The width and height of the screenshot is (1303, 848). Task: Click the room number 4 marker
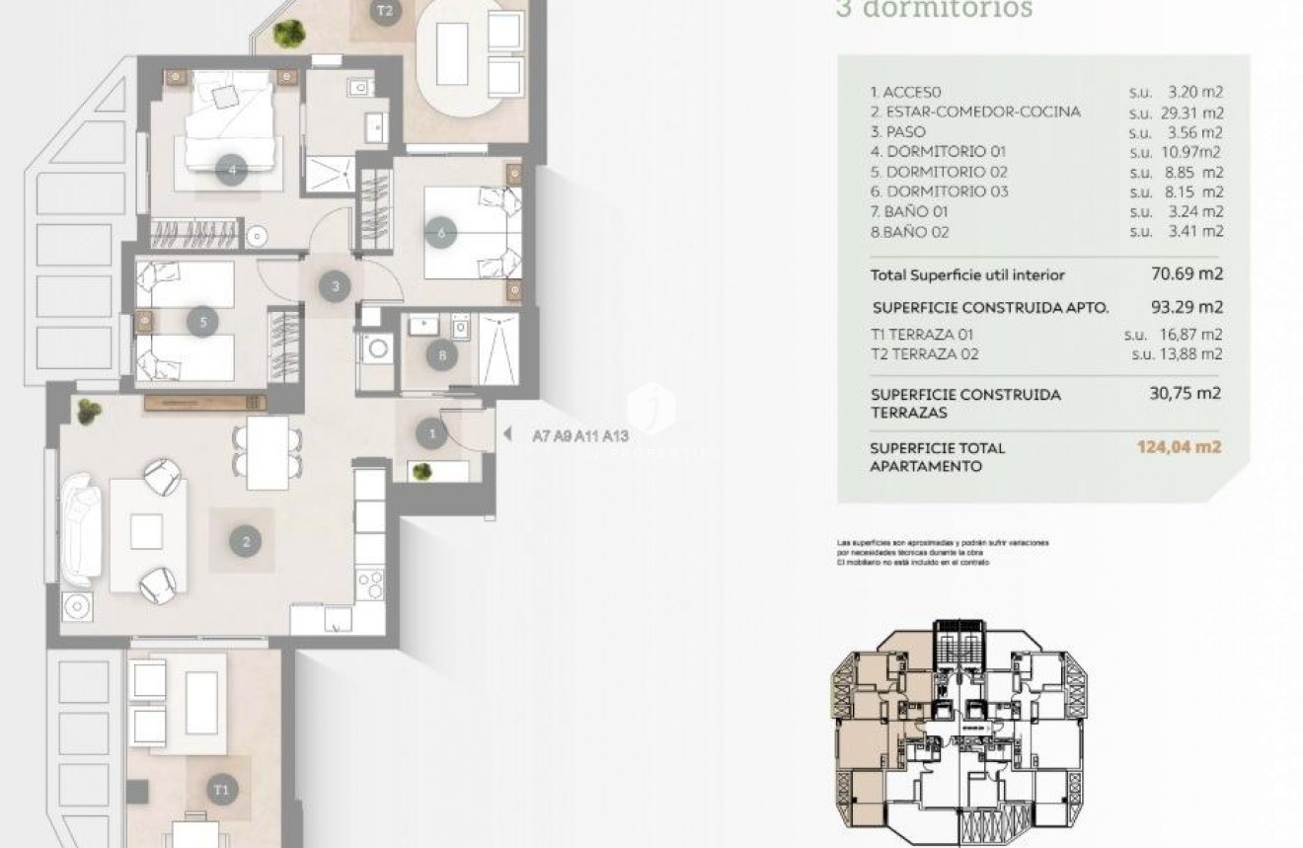click(231, 170)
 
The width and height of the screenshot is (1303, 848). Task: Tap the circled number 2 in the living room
click(246, 540)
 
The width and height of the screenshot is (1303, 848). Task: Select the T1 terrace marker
click(222, 789)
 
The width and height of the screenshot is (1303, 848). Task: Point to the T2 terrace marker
click(385, 13)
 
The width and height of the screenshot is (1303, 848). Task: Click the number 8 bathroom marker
click(441, 354)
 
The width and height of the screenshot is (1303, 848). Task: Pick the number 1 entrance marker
click(431, 432)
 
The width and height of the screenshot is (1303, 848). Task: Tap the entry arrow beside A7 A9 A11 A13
click(507, 433)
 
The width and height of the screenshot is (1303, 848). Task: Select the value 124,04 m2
click(1179, 446)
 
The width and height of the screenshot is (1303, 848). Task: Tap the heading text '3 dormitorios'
click(933, 10)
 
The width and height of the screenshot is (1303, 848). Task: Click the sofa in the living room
click(81, 530)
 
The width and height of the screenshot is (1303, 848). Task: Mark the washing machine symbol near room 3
click(376, 348)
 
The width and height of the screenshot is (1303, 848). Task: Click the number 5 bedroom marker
click(202, 322)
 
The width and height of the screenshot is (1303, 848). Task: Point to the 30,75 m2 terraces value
click(1186, 393)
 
